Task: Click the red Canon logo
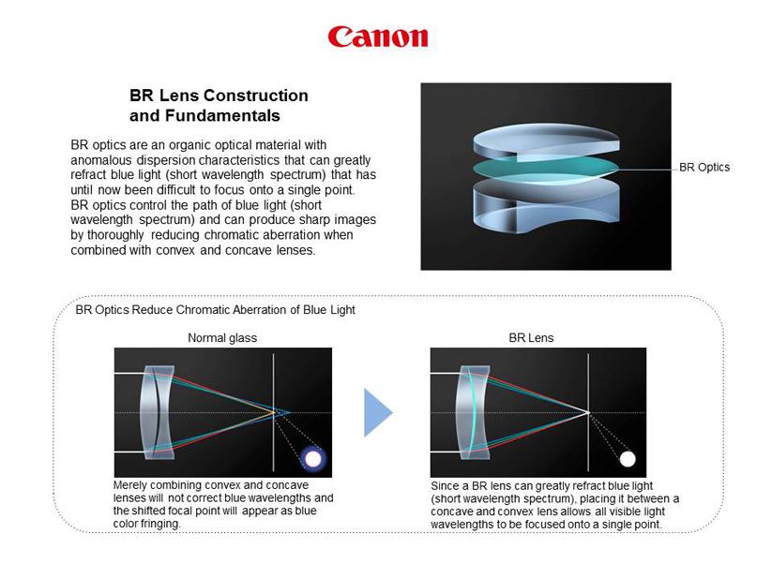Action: pos(378,37)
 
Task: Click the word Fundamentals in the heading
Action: pos(222,115)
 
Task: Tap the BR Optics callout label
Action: pos(704,167)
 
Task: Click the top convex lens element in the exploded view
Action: pos(546,141)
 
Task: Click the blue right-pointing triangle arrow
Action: pos(378,412)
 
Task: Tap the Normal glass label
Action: pos(222,337)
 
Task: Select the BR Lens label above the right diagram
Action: pos(531,337)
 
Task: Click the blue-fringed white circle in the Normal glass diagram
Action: pos(313,459)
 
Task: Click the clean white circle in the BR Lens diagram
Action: pos(628,459)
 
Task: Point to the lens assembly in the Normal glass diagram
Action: pos(158,412)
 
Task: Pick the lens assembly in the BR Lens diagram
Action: pos(473,412)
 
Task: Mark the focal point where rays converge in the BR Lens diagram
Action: pos(588,412)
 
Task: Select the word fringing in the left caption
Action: pos(160,524)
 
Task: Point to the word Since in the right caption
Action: pos(446,486)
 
